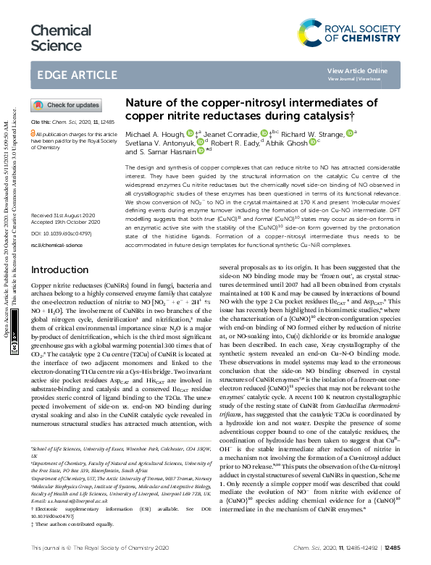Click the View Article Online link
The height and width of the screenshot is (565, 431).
point(357,70)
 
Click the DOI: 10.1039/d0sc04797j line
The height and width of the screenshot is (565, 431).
point(60,235)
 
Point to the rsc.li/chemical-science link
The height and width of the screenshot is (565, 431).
point(57,245)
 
